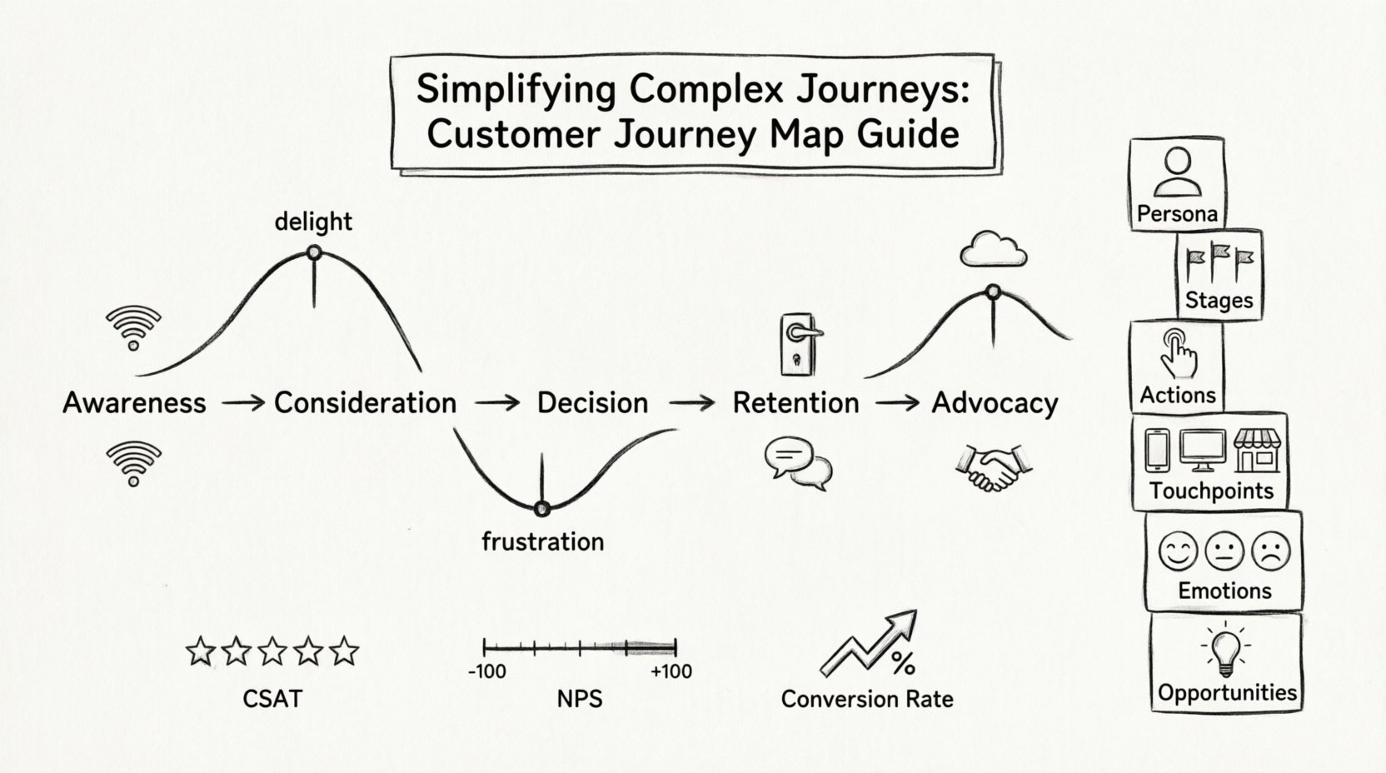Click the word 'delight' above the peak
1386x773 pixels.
tap(313, 222)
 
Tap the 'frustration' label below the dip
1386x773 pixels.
tap(542, 541)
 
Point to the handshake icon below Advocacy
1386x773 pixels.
tap(993, 467)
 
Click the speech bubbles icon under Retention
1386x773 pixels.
tap(797, 462)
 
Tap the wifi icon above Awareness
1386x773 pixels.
tap(133, 327)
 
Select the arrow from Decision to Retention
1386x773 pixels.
tap(691, 403)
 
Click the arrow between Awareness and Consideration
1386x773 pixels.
tap(242, 403)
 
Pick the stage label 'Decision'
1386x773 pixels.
tap(592, 403)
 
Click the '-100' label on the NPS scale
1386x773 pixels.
tap(486, 671)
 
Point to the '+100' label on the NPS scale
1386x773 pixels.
tap(671, 671)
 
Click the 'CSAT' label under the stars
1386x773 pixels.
tap(272, 698)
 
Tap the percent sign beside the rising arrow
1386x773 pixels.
tap(903, 663)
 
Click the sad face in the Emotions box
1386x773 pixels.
tap(1270, 551)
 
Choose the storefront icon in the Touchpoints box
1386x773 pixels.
tap(1256, 451)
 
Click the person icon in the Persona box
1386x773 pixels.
tap(1178, 172)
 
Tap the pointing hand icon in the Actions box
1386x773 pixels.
tap(1178, 353)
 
